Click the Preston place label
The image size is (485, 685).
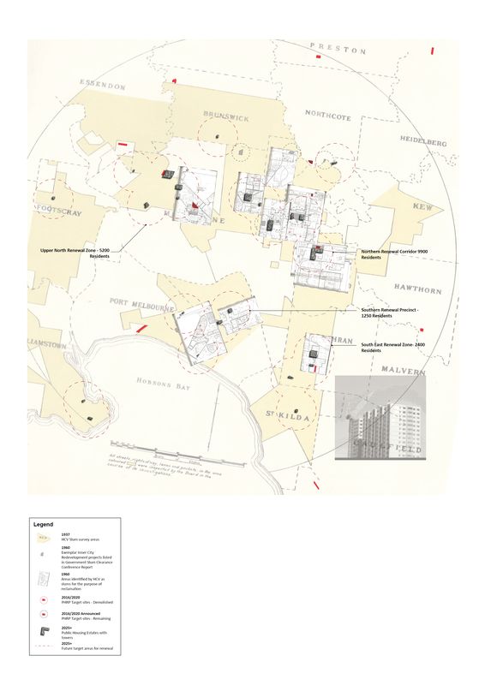coord(338,49)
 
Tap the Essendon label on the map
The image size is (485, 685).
coord(103,86)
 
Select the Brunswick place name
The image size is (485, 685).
coord(226,116)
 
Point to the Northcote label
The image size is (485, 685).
coord(327,115)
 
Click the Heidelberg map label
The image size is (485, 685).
coord(423,140)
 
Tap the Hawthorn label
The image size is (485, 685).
coord(416,288)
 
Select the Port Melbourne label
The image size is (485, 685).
coord(141,304)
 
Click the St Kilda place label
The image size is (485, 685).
coord(282,415)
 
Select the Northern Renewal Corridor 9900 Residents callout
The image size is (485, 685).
coord(393,254)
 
